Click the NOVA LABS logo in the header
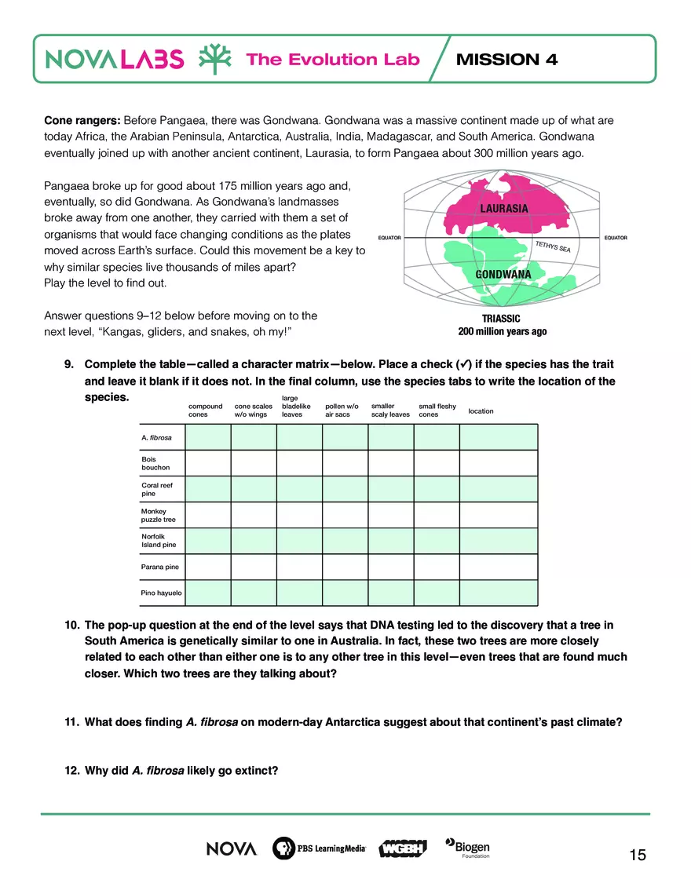point(115,60)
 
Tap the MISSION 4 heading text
point(506,60)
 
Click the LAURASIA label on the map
point(503,209)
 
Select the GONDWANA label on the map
point(503,275)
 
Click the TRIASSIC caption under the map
point(502,319)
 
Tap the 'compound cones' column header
point(205,411)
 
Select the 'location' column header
point(481,411)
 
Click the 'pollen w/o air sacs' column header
point(342,411)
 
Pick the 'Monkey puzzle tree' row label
point(159,516)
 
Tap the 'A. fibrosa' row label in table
point(156,437)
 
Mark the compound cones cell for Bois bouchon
point(207,463)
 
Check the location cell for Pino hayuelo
point(499,593)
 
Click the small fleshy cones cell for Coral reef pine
point(437,489)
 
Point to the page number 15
point(638,855)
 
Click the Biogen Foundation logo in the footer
point(468,848)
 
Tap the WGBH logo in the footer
point(402,849)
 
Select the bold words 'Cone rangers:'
point(82,121)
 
